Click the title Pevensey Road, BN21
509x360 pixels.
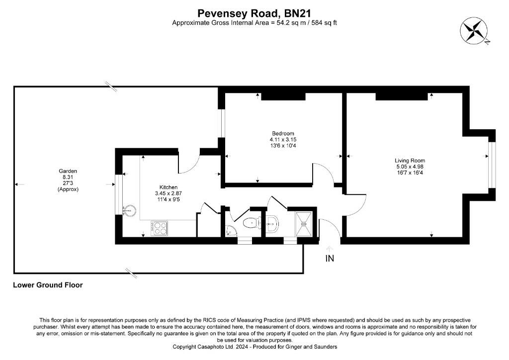click(254, 13)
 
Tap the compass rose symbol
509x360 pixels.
click(473, 30)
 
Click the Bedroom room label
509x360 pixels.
click(283, 133)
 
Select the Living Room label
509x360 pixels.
click(410, 161)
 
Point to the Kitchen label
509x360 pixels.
click(169, 187)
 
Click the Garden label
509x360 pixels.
click(68, 171)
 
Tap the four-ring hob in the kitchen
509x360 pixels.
click(159, 228)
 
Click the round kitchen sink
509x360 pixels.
click(129, 210)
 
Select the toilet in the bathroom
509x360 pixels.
click(251, 223)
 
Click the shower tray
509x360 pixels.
click(304, 224)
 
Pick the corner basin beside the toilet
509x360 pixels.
click(231, 231)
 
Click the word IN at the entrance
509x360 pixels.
click(330, 259)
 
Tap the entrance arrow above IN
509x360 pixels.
click(330, 249)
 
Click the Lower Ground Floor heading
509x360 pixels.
click(48, 285)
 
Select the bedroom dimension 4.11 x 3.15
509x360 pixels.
click(283, 140)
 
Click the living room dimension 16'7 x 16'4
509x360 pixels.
click(410, 173)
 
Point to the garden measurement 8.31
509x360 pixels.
click(68, 177)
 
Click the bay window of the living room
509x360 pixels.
click(492, 165)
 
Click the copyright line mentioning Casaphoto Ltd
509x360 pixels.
click(255, 347)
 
